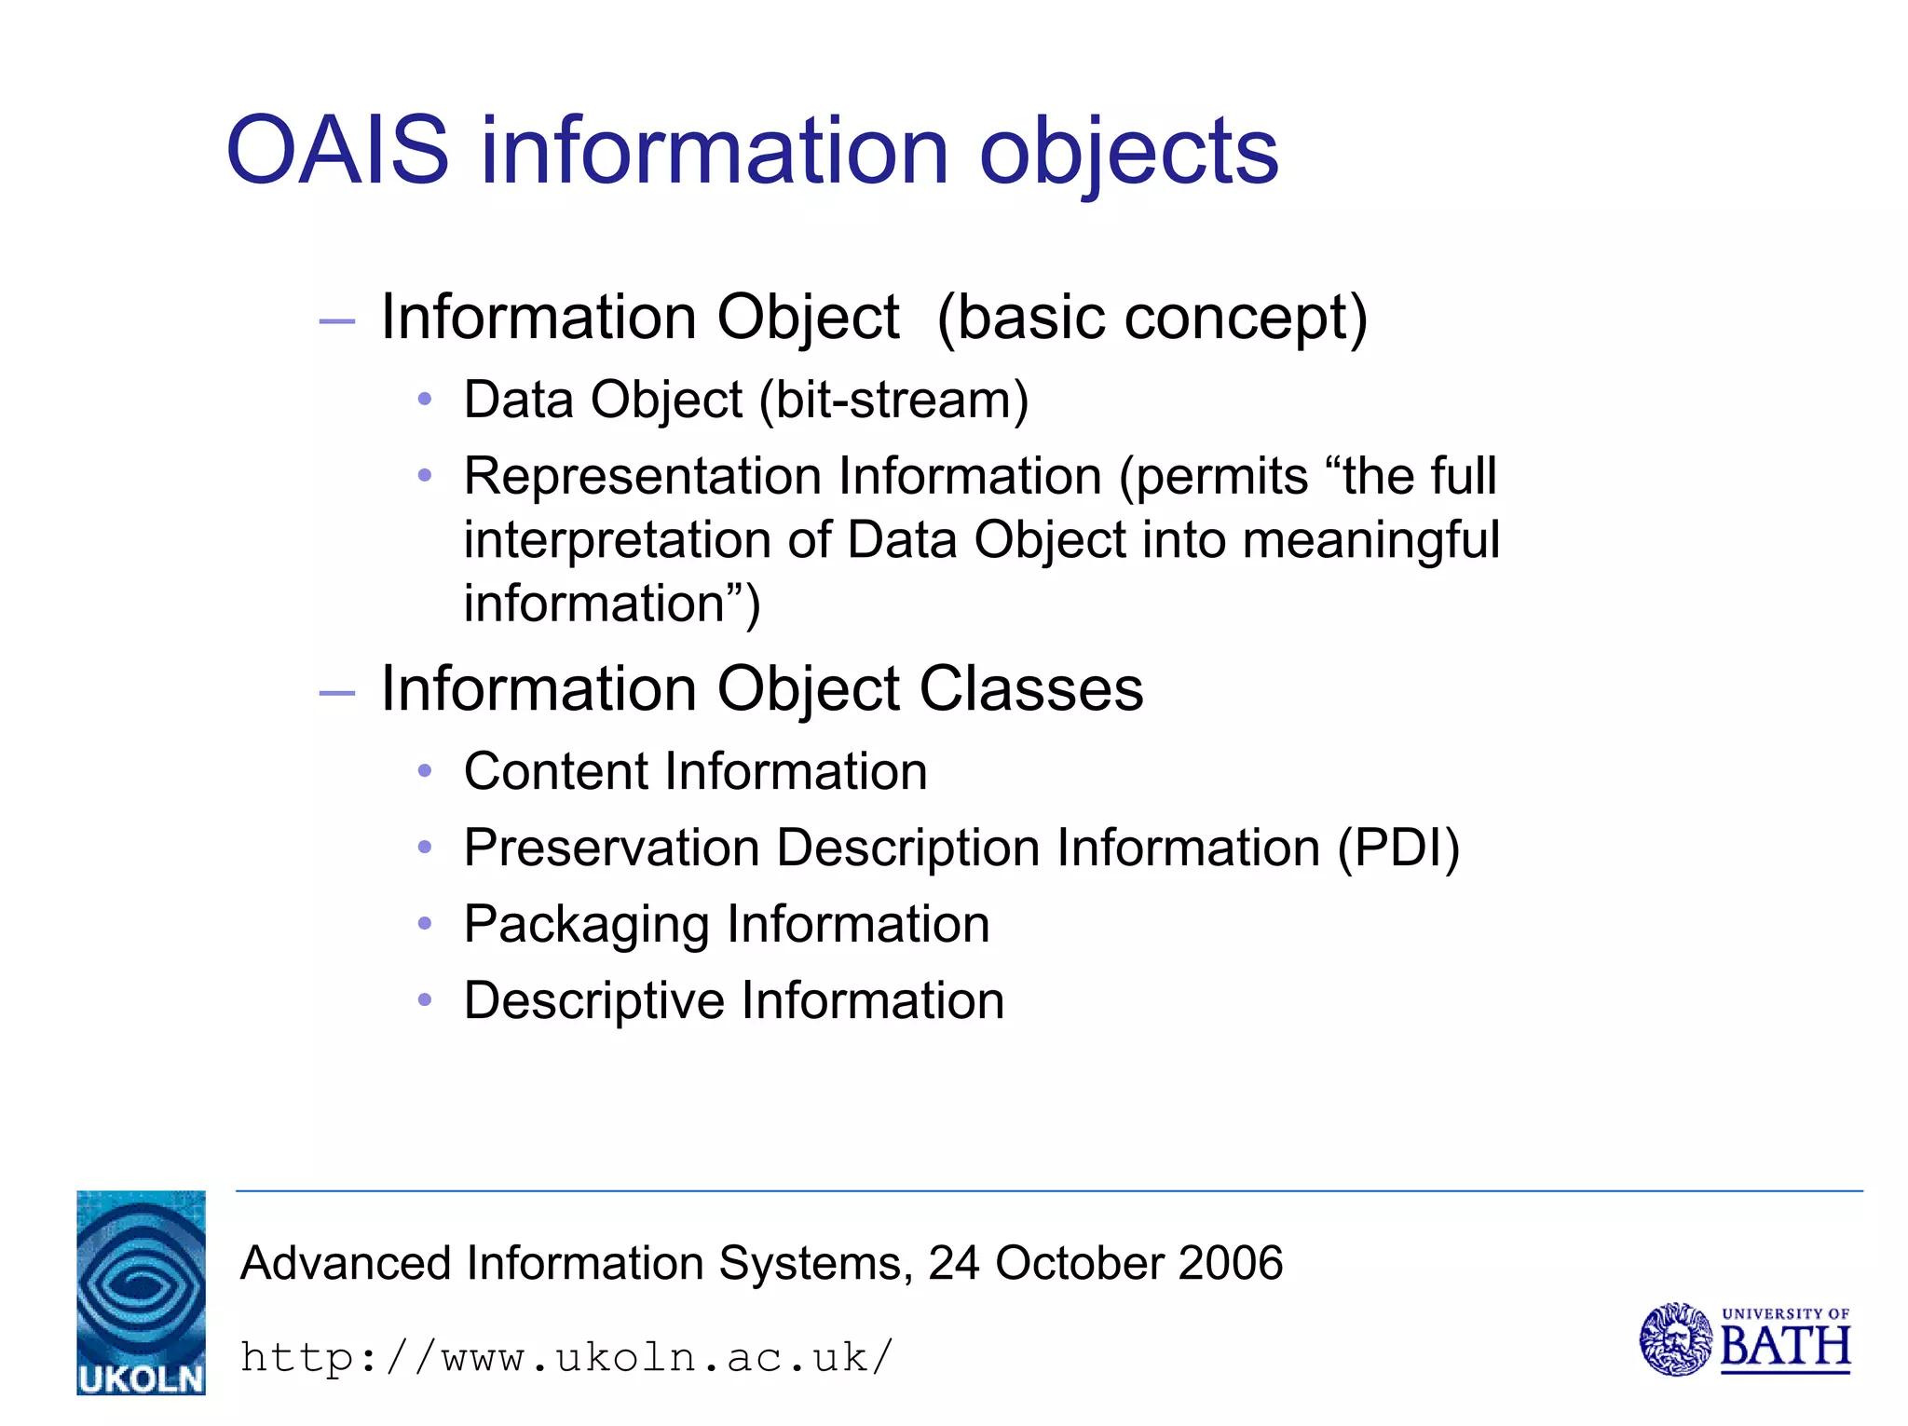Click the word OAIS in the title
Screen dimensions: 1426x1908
pyautogui.click(x=337, y=151)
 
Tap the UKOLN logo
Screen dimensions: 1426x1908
pyautogui.click(x=141, y=1292)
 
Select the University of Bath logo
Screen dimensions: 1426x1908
pyautogui.click(x=1744, y=1338)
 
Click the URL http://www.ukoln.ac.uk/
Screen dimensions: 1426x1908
pyautogui.click(x=566, y=1357)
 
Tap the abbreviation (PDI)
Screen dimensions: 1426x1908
pyautogui.click(x=1398, y=849)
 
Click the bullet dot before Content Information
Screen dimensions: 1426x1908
pyautogui.click(x=425, y=771)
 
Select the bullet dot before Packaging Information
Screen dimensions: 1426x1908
pyautogui.click(x=425, y=924)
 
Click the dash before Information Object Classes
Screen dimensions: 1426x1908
pyautogui.click(x=336, y=693)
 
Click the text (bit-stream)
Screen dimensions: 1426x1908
pyautogui.click(x=893, y=401)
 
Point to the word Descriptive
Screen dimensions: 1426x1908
pyautogui.click(x=593, y=1001)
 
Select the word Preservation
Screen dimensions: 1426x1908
pyautogui.click(x=611, y=849)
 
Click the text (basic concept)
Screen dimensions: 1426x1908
pyautogui.click(x=1152, y=318)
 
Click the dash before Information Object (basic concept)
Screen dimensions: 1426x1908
pyautogui.click(x=336, y=321)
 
